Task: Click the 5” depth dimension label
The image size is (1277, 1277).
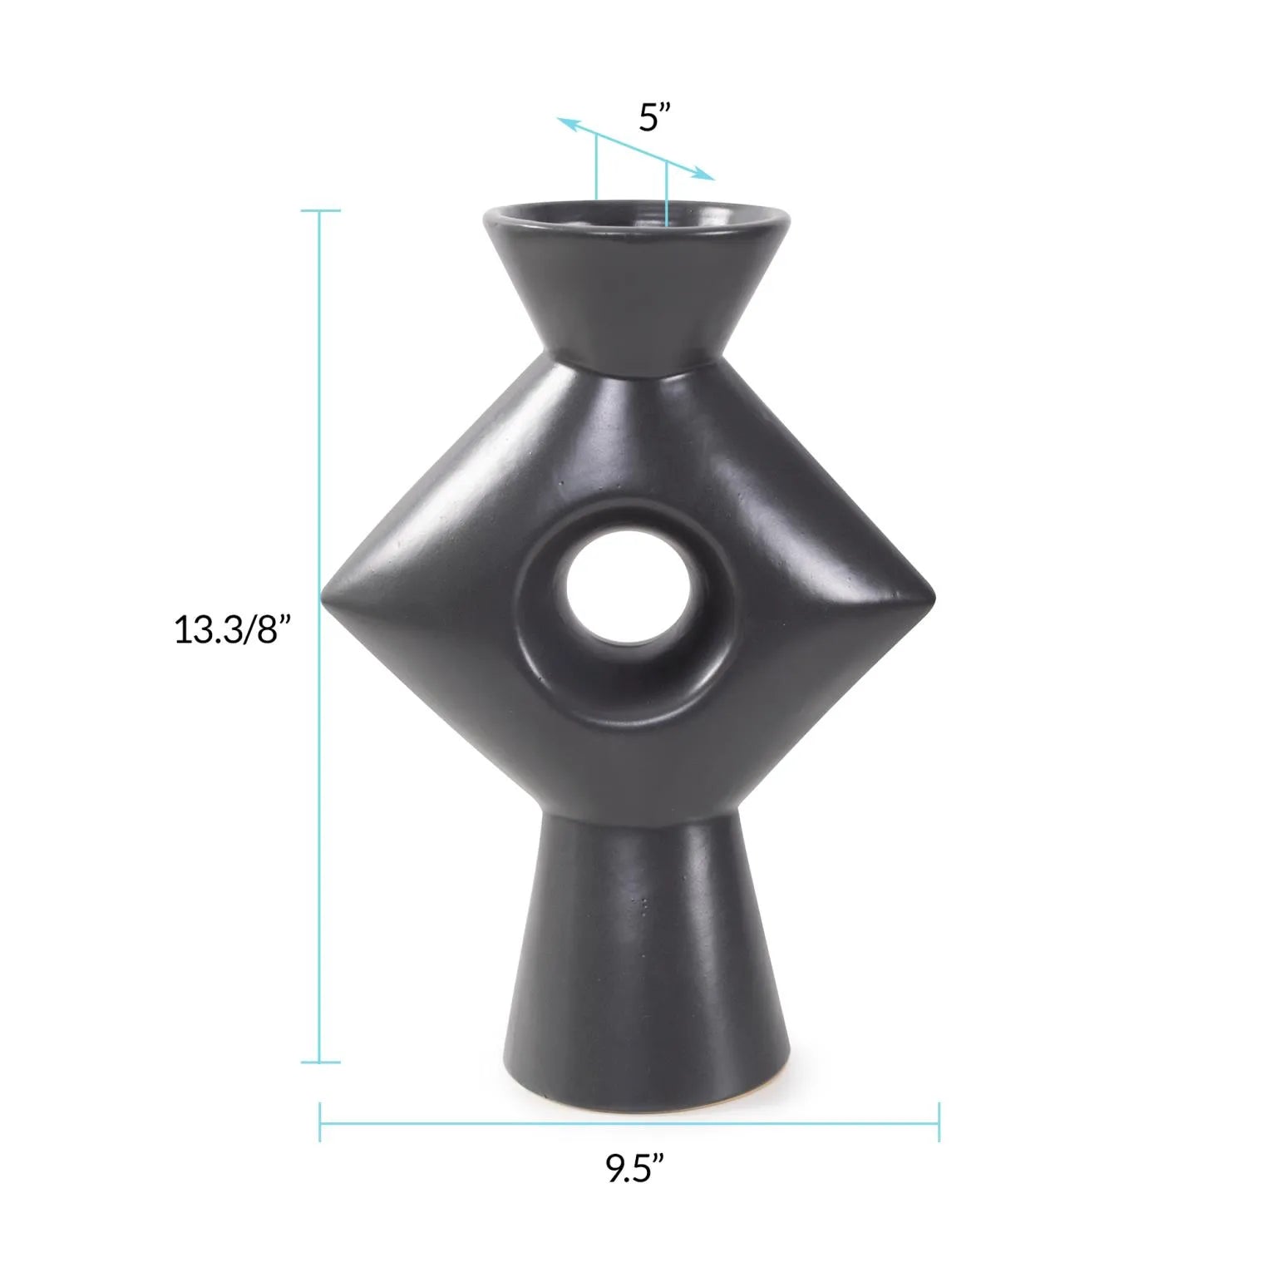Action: pyautogui.click(x=660, y=118)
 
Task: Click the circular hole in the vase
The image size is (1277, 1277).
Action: pyautogui.click(x=628, y=593)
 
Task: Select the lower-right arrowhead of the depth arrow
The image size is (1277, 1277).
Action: pyautogui.click(x=705, y=175)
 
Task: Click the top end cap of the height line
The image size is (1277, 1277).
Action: pyautogui.click(x=320, y=210)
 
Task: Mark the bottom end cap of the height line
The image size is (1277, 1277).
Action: pyautogui.click(x=320, y=1062)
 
